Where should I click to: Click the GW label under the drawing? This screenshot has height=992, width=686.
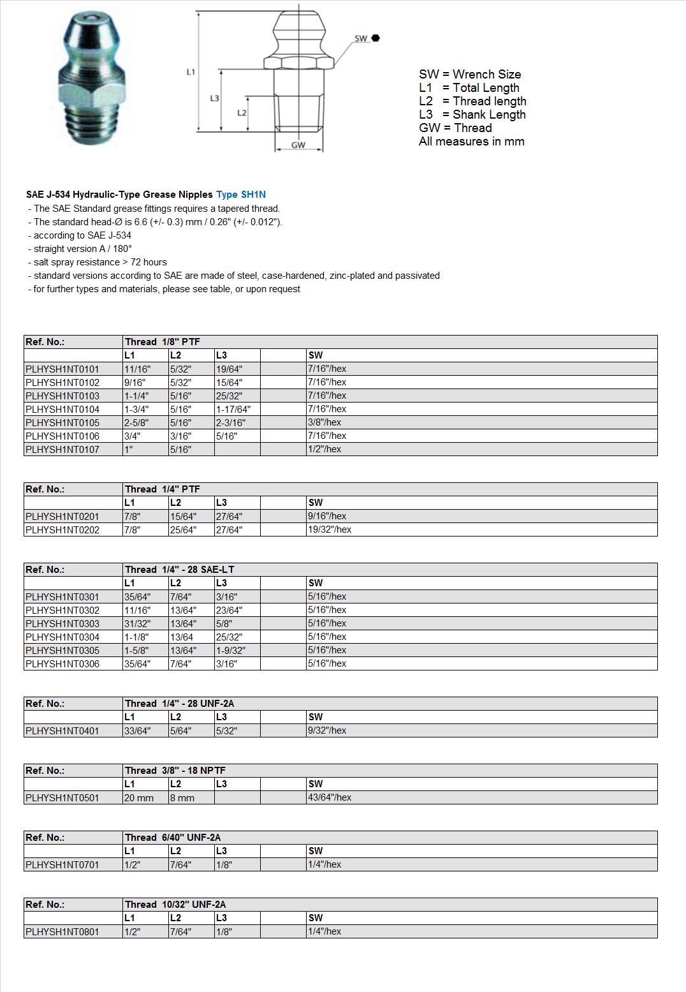[298, 145]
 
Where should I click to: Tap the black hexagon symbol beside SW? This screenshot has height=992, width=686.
[376, 38]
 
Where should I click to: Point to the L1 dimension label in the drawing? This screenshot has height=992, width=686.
[191, 72]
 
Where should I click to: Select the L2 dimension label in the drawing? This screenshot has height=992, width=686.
[242, 113]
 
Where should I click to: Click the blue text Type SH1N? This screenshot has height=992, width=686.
[240, 195]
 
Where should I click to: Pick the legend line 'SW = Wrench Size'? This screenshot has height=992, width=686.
[470, 74]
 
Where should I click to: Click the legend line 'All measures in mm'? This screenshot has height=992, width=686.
[471, 142]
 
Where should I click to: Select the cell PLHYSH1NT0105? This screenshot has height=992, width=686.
[62, 422]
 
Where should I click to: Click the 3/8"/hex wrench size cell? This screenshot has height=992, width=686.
[325, 422]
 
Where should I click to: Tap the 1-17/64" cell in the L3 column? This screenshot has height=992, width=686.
[233, 409]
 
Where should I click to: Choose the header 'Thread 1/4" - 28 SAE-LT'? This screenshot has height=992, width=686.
[179, 570]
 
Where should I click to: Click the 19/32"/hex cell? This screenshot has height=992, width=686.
[330, 529]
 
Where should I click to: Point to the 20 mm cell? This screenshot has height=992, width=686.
[139, 797]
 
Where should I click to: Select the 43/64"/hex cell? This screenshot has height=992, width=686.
[330, 797]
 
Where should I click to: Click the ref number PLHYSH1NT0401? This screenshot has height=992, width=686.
[62, 730]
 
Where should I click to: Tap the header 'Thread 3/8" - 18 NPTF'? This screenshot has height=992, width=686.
[175, 771]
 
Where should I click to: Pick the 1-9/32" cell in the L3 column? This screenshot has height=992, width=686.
[231, 650]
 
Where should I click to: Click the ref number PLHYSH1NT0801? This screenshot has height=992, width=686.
[62, 931]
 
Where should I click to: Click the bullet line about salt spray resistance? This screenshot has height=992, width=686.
[100, 262]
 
